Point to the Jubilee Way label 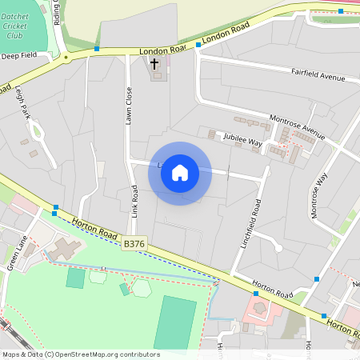[x=243, y=141]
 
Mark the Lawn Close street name [x=127, y=105]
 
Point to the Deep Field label [x=19, y=56]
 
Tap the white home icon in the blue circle [x=180, y=173]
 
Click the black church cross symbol [x=154, y=63]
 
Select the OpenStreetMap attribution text [x=81, y=354]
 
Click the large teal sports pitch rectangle [x=175, y=322]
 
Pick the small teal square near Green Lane [x=75, y=278]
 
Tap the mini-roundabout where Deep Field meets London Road [x=66, y=58]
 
